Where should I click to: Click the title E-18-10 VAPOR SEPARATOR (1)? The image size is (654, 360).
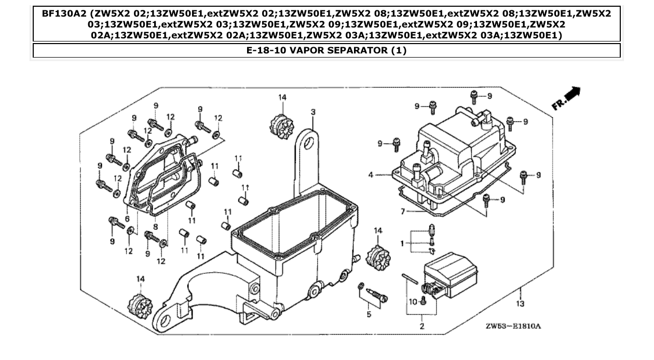pos(326,50)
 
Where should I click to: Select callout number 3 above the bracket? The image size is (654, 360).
pos(313,112)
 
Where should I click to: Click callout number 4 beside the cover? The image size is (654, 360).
pos(371,175)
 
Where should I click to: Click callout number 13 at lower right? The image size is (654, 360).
pos(520,303)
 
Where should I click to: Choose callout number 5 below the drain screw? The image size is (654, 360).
pos(369,314)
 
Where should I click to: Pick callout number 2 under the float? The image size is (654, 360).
pos(421,326)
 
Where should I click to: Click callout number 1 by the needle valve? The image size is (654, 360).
pos(401,242)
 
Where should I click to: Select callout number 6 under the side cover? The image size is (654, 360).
pos(127,219)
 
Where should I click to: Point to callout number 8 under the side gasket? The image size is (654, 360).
pos(155,226)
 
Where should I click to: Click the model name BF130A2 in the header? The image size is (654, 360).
pos(63,12)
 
